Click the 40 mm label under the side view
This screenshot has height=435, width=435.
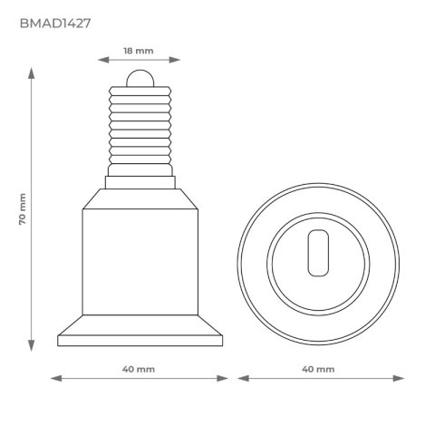(x=139, y=370)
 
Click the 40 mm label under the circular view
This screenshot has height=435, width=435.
(x=318, y=370)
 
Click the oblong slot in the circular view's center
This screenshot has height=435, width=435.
(x=318, y=253)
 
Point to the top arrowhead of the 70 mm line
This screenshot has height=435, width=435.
(x=33, y=71)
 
